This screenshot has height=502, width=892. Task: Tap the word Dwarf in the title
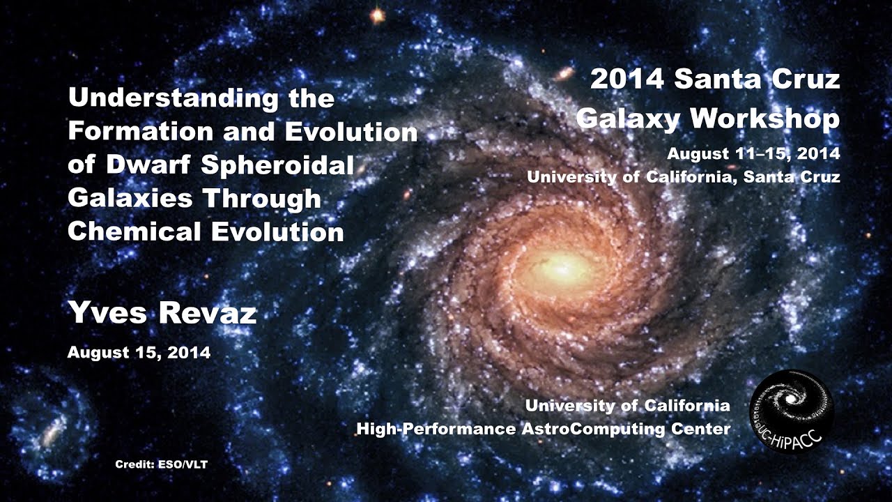(148, 165)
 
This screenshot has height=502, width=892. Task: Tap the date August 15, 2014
(139, 353)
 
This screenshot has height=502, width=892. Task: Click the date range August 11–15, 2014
(753, 153)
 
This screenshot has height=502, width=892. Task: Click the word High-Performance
(436, 429)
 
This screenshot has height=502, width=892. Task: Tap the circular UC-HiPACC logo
(791, 411)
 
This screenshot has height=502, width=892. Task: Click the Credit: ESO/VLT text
(161, 464)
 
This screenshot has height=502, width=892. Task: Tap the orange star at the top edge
(377, 15)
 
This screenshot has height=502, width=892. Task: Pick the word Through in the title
(262, 199)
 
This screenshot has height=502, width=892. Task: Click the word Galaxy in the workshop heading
(627, 119)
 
